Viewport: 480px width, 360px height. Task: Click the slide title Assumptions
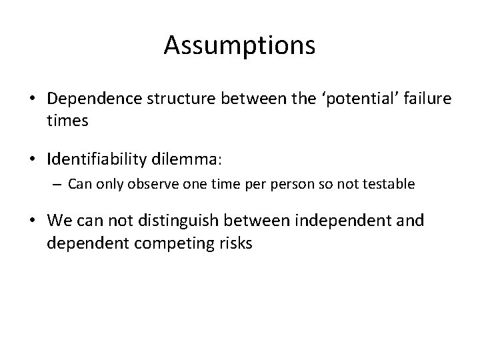[239, 46]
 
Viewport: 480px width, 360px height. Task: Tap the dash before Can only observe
[58, 183]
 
